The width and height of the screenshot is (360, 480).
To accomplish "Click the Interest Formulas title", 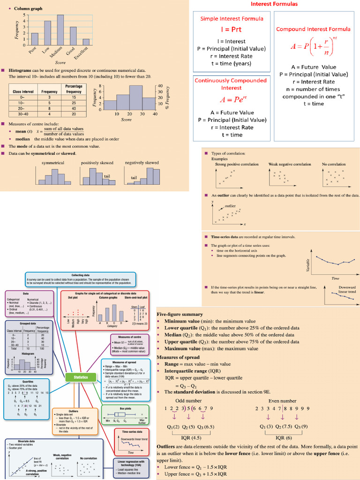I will [274, 4].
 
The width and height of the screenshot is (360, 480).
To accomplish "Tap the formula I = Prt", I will [232, 29].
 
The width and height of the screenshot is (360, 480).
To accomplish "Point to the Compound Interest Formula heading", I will [313, 29].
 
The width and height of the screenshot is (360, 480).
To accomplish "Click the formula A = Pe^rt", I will [232, 99].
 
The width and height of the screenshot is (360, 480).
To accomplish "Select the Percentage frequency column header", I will [74, 89].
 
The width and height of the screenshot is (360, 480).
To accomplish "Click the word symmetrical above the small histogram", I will [53, 163].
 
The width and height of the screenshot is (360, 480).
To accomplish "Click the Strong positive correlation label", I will [236, 165].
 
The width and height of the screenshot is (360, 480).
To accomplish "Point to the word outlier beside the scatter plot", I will [230, 206].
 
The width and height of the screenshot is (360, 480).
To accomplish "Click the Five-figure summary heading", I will [180, 314].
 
